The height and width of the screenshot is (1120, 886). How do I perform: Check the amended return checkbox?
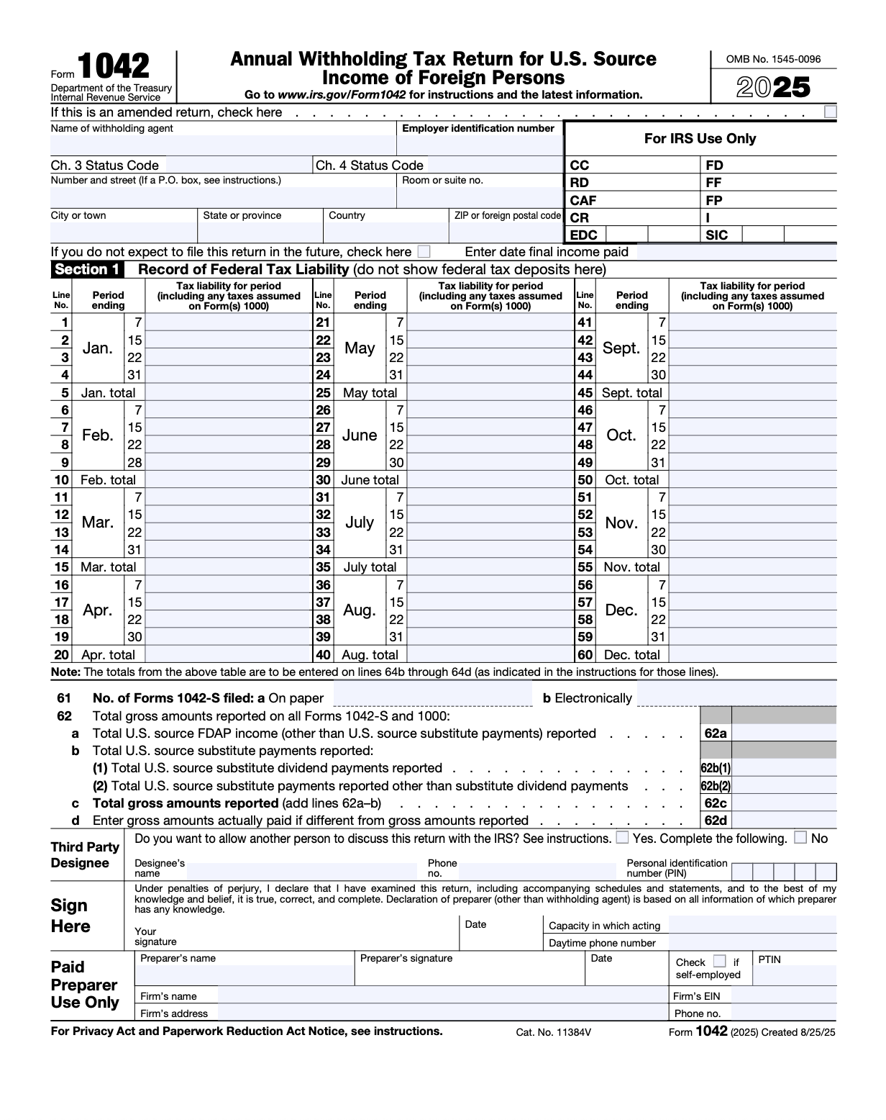[x=831, y=112]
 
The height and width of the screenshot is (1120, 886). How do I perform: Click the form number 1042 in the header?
[x=114, y=67]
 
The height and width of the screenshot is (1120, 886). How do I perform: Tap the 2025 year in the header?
[x=773, y=88]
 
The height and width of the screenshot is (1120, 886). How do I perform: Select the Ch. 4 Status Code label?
[x=370, y=166]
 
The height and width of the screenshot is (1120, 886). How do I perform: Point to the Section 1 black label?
[x=87, y=270]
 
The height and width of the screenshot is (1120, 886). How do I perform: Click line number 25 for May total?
[x=323, y=393]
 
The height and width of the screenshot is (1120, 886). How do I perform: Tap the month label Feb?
[x=97, y=435]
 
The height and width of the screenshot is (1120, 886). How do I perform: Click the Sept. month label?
[x=621, y=348]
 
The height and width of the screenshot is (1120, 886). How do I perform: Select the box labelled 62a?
[x=715, y=733]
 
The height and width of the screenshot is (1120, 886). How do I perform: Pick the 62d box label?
[x=715, y=821]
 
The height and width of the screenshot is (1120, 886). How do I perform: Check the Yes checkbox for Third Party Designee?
[x=622, y=838]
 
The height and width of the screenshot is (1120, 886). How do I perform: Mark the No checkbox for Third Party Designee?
[x=800, y=838]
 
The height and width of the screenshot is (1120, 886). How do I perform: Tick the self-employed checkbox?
[x=719, y=962]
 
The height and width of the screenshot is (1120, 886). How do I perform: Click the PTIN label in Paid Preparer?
[x=769, y=959]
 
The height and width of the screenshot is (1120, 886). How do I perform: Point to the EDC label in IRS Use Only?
[x=583, y=235]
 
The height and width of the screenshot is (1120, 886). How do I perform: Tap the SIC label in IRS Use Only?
[x=716, y=235]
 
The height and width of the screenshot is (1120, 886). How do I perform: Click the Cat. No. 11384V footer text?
[x=553, y=1032]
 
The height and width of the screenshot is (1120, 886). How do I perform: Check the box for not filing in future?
[x=424, y=252]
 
